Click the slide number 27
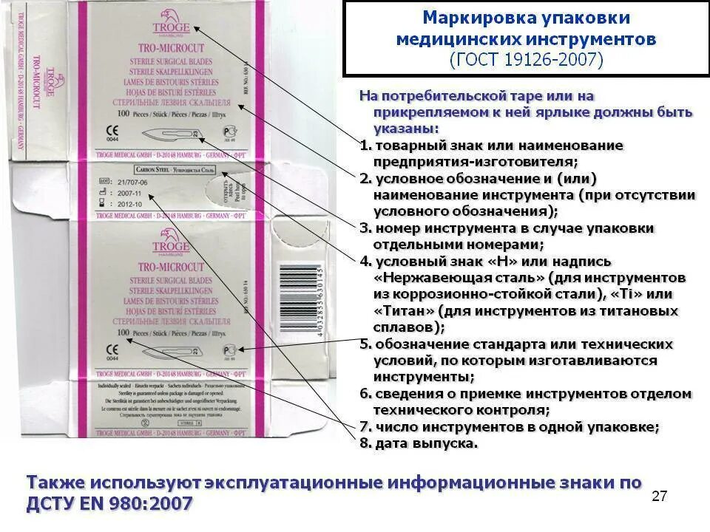[x=659, y=496]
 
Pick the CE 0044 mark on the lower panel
[x=112, y=351]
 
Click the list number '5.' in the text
[x=365, y=344]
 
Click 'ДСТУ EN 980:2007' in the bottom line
[x=111, y=504]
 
